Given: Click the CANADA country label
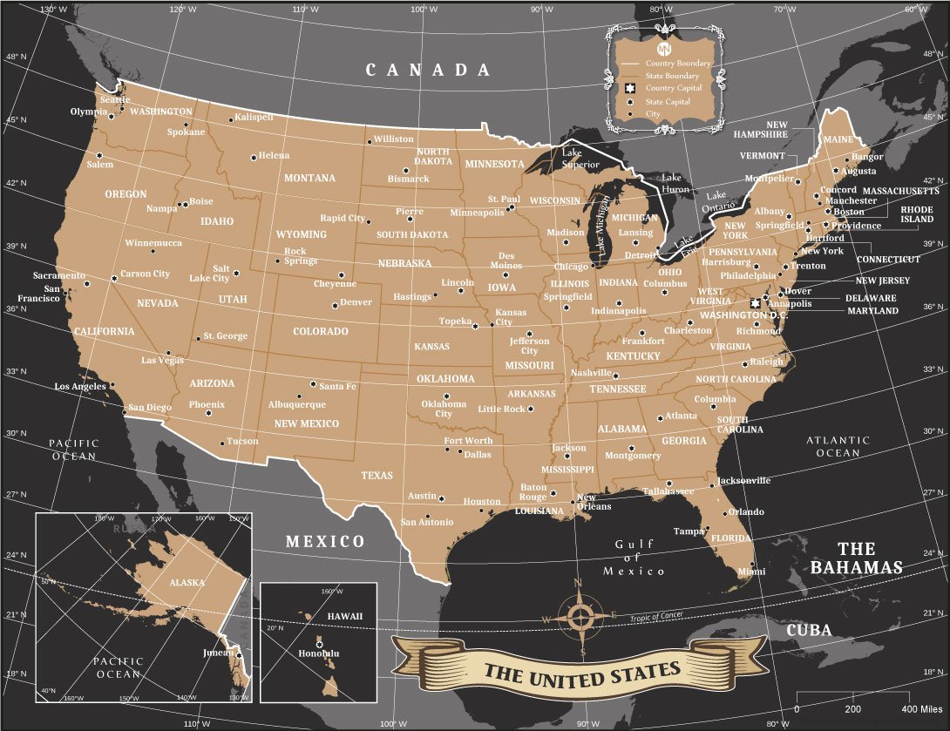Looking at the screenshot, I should pos(428,70).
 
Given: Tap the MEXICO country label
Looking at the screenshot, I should pos(326,541).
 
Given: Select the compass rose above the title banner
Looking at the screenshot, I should pos(580,616).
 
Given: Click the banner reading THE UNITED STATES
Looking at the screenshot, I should pos(581,671).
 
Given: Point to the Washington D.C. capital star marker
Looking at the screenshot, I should pos(755,302).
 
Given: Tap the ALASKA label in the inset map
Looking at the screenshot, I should pos(187,582).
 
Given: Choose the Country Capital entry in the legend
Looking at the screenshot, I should pos(674,89).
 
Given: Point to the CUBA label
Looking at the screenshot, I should pos(809,630).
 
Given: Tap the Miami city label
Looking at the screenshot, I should pos(751,572).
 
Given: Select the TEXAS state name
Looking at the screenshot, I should pos(377,476).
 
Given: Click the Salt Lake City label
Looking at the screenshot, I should pos(209,274).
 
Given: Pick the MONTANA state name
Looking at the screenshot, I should pos(309,178).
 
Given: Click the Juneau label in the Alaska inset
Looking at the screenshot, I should pos(217,652).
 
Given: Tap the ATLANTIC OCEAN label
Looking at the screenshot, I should pos(838,446).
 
